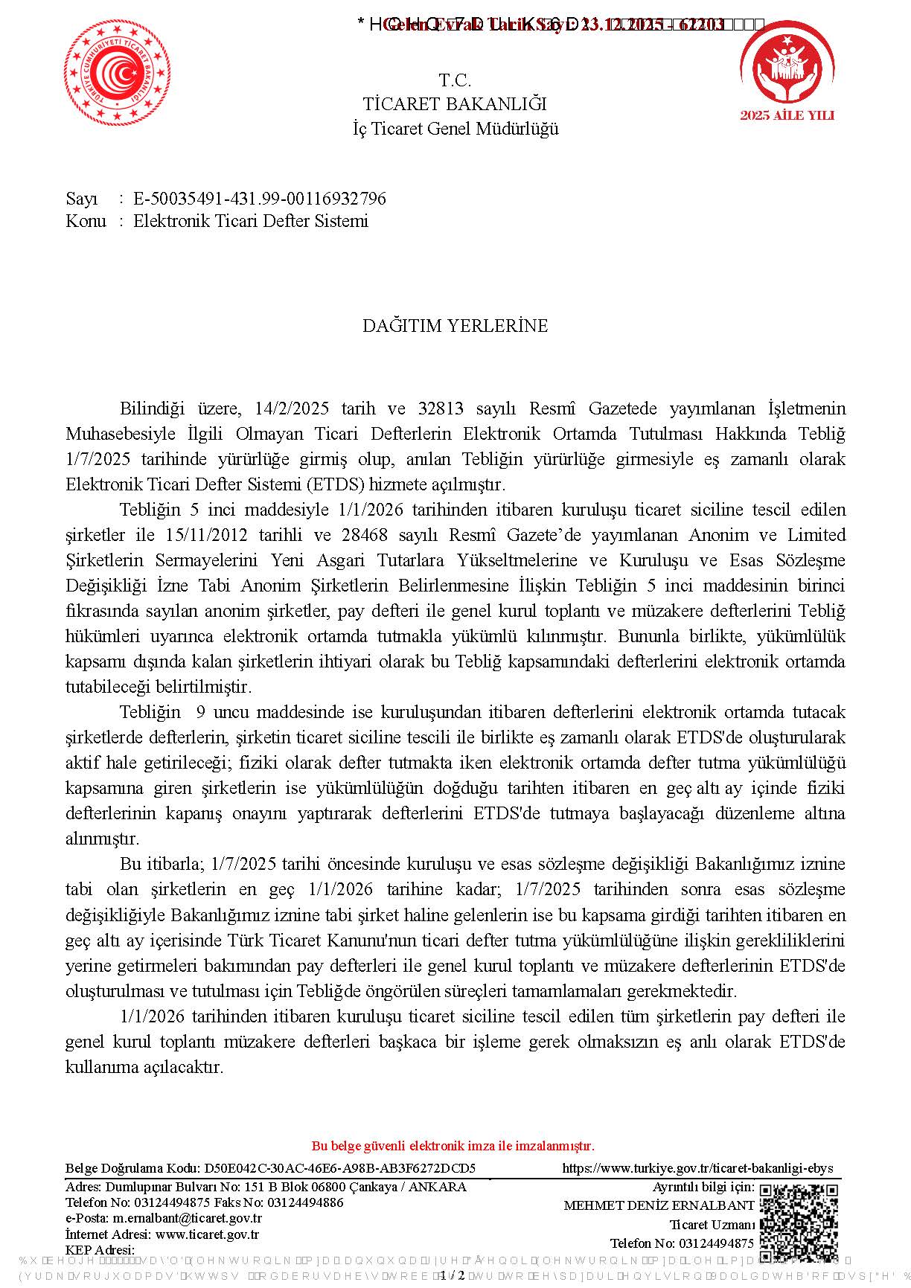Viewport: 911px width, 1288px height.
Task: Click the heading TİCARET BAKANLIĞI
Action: [x=455, y=104]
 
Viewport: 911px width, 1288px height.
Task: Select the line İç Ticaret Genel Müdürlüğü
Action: [x=455, y=129]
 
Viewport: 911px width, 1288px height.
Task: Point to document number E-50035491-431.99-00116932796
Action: [x=260, y=199]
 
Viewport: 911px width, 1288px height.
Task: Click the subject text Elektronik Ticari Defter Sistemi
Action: [x=251, y=221]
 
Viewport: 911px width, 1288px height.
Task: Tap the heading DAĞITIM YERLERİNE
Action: [x=455, y=326]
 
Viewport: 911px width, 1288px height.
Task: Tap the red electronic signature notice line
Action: [x=453, y=1146]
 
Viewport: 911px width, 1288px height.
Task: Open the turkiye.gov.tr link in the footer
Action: [x=697, y=1168]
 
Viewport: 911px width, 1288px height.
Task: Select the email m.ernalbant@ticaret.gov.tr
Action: [x=187, y=1218]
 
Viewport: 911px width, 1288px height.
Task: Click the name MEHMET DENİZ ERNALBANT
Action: [x=659, y=1205]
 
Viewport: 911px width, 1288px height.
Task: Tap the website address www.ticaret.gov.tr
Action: [x=207, y=1234]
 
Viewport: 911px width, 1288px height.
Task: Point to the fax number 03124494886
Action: [x=305, y=1202]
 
